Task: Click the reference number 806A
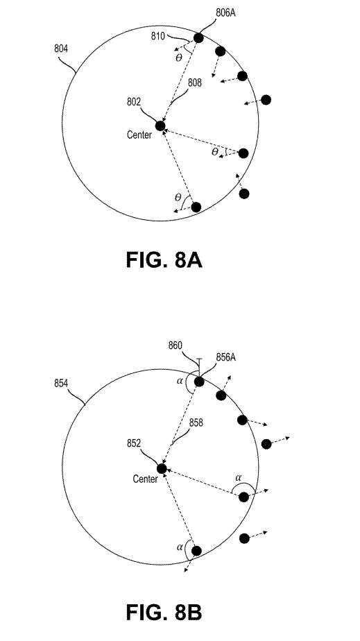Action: pos(225,12)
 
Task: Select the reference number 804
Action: pos(61,49)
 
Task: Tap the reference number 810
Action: pos(157,36)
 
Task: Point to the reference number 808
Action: pos(194,83)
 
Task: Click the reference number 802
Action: pos(148,102)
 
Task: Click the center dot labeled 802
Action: pos(160,126)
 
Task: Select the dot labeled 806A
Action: pos(198,38)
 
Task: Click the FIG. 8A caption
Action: pos(164,260)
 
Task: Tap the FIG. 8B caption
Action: pos(164,612)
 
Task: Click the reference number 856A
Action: pos(226,357)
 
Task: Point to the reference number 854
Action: pos(61,384)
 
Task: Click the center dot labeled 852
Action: pos(162,468)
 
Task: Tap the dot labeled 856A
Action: pos(199,382)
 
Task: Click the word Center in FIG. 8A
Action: pos(139,135)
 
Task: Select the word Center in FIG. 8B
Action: pos(145,479)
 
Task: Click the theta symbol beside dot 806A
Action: pos(178,58)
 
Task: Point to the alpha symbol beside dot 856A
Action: pos(178,381)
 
